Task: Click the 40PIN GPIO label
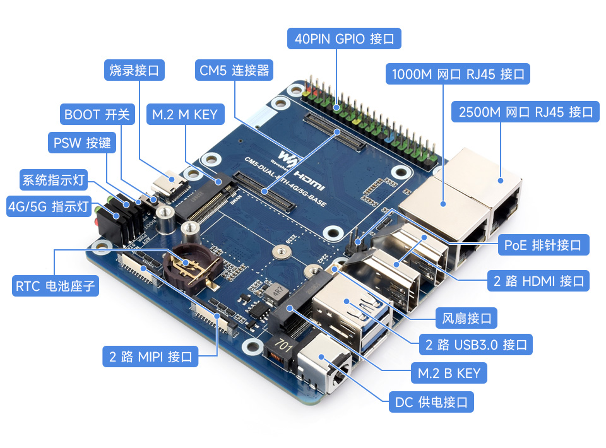point(344,38)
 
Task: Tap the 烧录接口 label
point(134,70)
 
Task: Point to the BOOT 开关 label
point(97,114)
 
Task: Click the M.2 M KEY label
point(184,114)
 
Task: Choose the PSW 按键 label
point(81,143)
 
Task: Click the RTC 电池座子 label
point(56,286)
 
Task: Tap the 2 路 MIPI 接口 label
point(150,357)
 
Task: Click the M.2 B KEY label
point(449,373)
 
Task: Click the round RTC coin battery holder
point(187,269)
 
